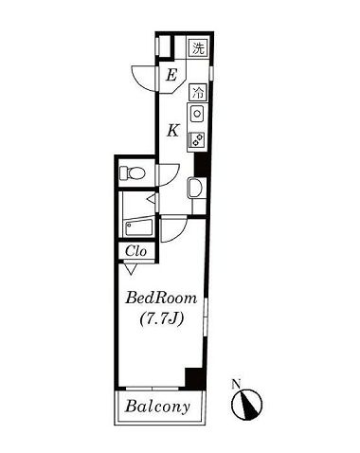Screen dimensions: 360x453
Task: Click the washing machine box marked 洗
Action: point(199,48)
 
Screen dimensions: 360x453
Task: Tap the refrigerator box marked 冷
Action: point(198,92)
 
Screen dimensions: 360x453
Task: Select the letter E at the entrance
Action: point(171,76)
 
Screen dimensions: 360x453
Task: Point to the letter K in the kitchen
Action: point(173,130)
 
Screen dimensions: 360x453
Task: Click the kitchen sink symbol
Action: point(197,114)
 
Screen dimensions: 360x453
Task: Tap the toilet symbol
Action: point(132,172)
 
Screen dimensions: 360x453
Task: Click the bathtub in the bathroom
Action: point(139,227)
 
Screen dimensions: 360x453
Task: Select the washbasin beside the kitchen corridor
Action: point(196,188)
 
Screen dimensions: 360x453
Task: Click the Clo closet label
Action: point(136,251)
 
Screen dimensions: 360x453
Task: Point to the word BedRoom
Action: point(161,299)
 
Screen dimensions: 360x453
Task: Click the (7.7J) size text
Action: point(162,319)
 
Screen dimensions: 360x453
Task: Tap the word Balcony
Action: point(157,407)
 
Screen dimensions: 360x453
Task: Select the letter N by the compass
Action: point(236,384)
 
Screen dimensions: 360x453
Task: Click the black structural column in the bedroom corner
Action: point(194,379)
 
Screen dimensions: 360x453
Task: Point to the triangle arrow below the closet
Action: point(130,269)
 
